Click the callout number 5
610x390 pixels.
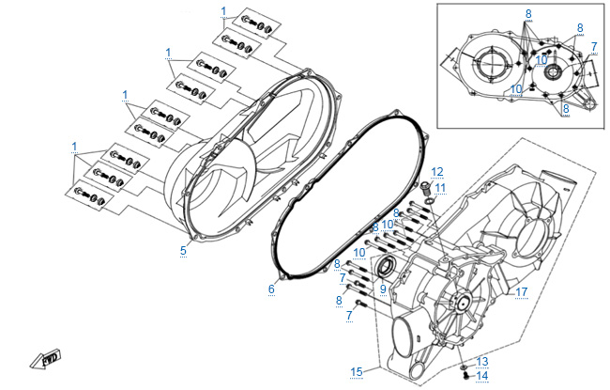click(x=183, y=251)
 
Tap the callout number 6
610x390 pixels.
click(x=271, y=289)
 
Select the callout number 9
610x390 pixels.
click(x=383, y=289)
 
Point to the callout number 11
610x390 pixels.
click(x=440, y=188)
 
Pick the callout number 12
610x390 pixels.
click(x=437, y=172)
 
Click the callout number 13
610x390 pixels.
click(x=482, y=362)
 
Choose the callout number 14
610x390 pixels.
click(x=482, y=376)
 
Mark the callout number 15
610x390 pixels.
click(x=357, y=372)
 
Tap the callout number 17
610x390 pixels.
click(x=521, y=292)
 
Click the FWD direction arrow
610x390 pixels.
click(x=46, y=358)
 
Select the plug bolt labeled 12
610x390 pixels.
click(x=426, y=189)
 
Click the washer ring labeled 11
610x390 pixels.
click(x=430, y=201)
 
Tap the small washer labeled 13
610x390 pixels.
click(x=464, y=367)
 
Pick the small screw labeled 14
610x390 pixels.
click(x=466, y=375)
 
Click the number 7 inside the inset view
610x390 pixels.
click(x=594, y=47)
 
